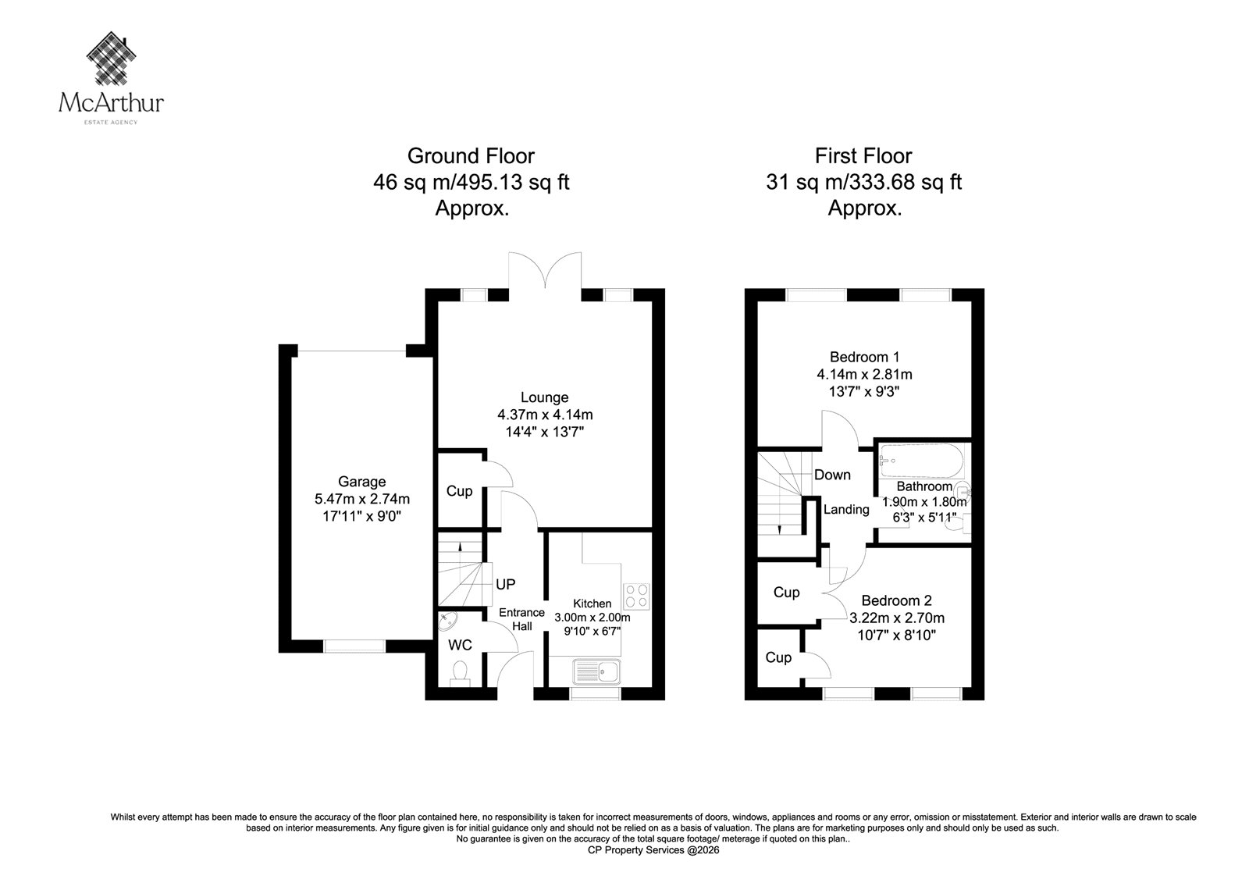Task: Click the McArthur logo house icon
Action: (x=112, y=58)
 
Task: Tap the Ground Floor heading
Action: (x=471, y=155)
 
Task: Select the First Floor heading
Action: (x=863, y=155)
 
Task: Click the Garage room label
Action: (x=362, y=482)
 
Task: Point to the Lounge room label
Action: (x=545, y=397)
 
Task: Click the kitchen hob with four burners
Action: (x=636, y=596)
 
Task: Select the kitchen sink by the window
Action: (x=596, y=672)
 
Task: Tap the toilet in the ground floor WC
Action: (x=460, y=673)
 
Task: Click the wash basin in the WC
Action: (x=448, y=621)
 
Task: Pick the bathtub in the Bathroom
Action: (x=921, y=461)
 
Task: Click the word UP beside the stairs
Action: (x=506, y=584)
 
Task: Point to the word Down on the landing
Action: (x=832, y=475)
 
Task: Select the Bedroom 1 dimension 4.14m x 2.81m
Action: (x=865, y=374)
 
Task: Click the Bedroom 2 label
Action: (x=897, y=600)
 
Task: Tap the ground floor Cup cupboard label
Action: (x=460, y=491)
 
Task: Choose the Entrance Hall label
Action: (x=522, y=619)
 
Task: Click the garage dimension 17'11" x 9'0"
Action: (x=362, y=516)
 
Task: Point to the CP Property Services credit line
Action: (x=653, y=850)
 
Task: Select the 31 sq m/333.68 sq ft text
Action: (x=863, y=182)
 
